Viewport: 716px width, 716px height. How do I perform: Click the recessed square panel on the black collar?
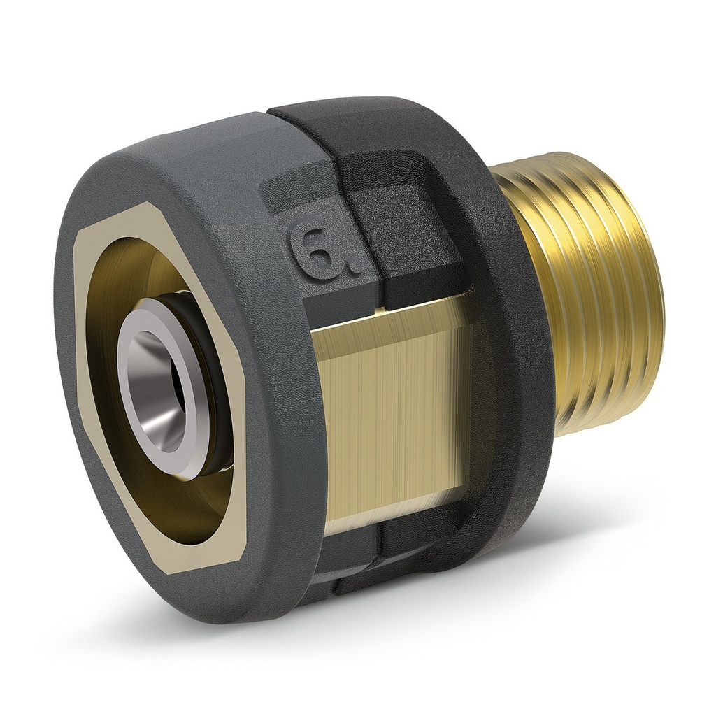coord(413,231)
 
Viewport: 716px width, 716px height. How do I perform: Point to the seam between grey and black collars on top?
coord(269,112)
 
